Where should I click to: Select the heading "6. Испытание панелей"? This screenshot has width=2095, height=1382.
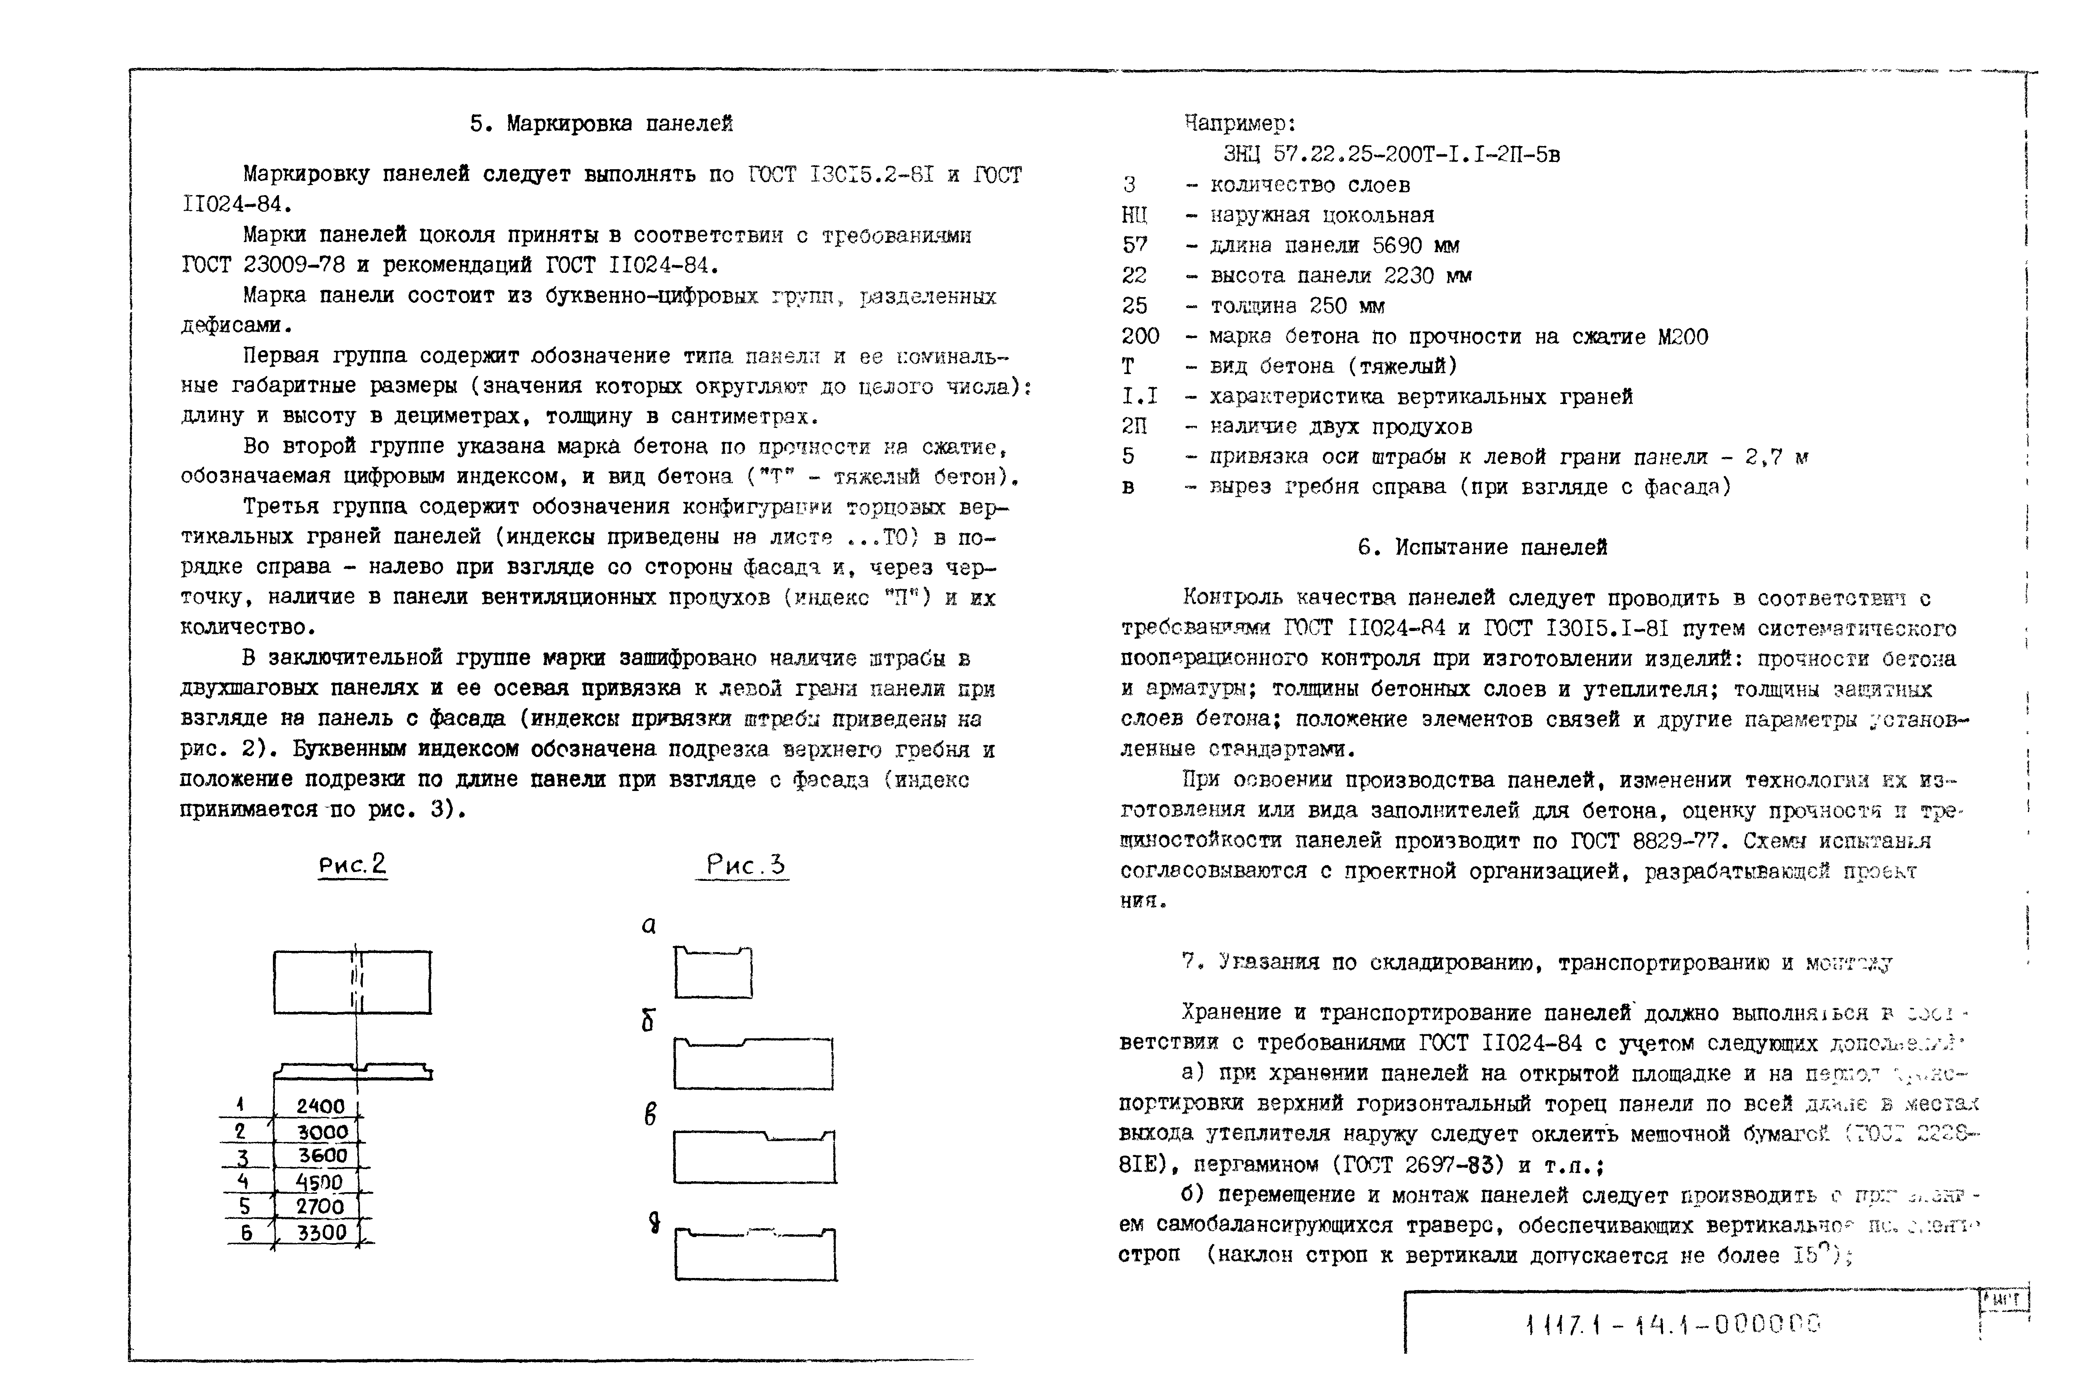pyautogui.click(x=1482, y=547)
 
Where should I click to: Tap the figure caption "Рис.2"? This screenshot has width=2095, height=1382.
pyautogui.click(x=353, y=865)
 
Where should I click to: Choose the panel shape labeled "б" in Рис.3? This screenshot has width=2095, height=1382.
pyautogui.click(x=754, y=1064)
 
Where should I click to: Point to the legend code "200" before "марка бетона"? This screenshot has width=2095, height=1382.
pyautogui.click(x=1141, y=336)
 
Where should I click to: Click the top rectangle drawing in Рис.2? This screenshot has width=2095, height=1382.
pyautogui.click(x=353, y=982)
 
